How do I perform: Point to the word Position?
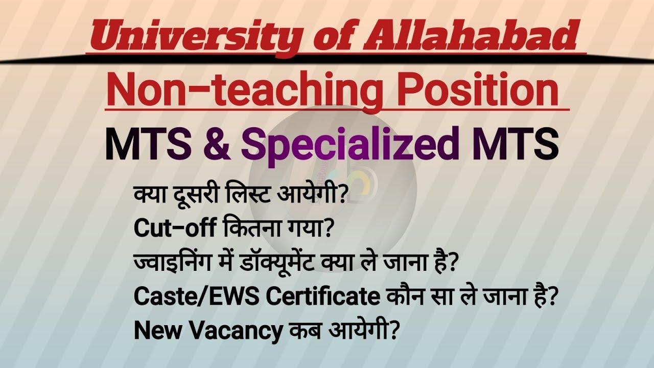point(478,91)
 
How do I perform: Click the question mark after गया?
point(328,229)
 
